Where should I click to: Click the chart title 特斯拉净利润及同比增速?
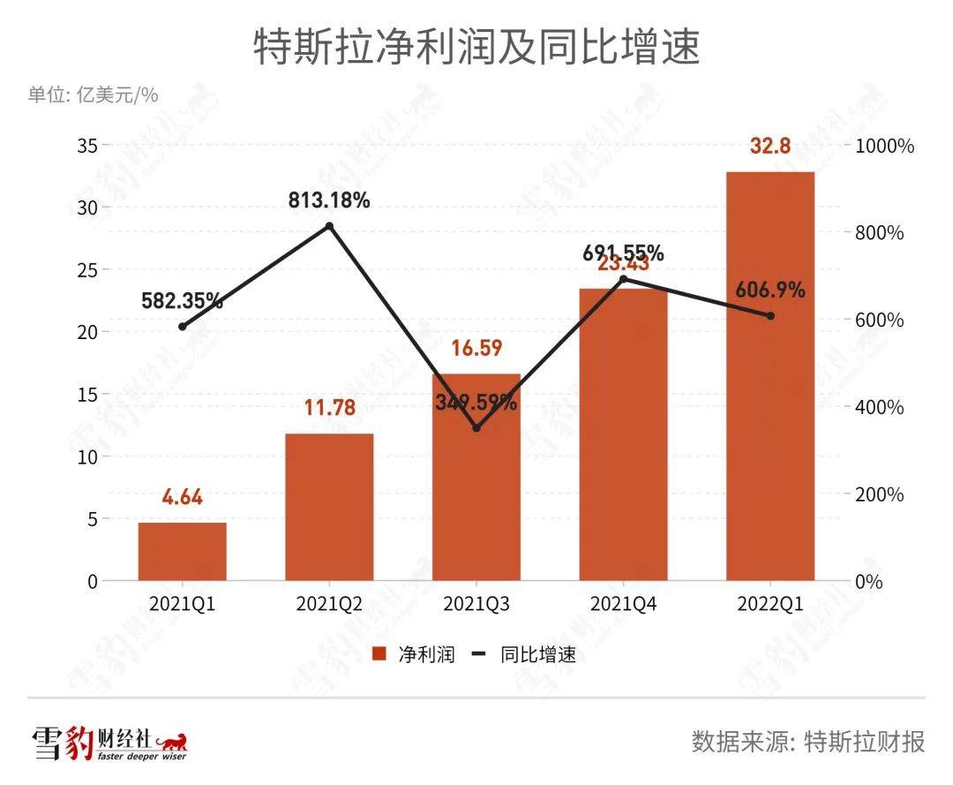click(476, 48)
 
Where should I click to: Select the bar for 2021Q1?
click(182, 552)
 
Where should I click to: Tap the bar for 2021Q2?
click(329, 508)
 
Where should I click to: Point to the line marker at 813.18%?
click(329, 226)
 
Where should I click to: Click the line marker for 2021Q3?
click(476, 428)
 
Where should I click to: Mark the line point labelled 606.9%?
click(770, 316)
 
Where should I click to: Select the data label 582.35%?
click(182, 301)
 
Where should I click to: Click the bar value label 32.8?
click(770, 147)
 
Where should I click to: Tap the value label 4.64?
click(182, 497)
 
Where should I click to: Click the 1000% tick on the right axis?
click(885, 147)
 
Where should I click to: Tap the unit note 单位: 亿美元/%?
click(94, 94)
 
